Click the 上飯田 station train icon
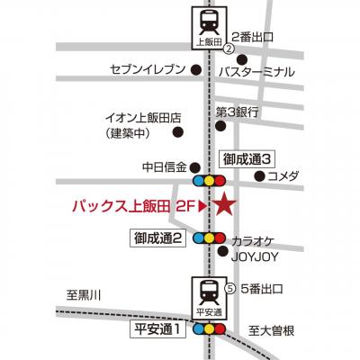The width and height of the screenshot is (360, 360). (x=209, y=28)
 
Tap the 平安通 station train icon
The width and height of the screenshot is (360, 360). (x=209, y=297)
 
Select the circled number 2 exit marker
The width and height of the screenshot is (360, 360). (x=229, y=49)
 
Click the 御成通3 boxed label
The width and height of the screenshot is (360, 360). (x=247, y=159)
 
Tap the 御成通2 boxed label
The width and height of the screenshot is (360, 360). (x=158, y=238)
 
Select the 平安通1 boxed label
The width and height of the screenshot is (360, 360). (x=158, y=329)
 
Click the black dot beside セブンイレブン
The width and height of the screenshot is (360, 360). (x=196, y=70)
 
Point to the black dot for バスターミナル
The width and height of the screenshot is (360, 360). (x=242, y=59)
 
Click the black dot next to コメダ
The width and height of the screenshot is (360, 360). (x=259, y=176)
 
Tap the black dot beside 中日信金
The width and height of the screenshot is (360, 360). (x=195, y=166)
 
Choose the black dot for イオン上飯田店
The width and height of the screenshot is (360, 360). (x=178, y=131)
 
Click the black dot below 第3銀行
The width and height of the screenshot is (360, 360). (x=221, y=126)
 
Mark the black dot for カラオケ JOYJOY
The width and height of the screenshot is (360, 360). (x=222, y=251)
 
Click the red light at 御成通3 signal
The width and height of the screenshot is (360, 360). (x=220, y=181)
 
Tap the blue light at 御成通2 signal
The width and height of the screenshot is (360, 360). (x=198, y=238)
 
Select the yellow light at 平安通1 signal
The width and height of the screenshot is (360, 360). (x=209, y=329)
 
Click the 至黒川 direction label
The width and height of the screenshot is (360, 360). (x=84, y=296)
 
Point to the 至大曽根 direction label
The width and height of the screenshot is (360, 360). (x=272, y=331)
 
